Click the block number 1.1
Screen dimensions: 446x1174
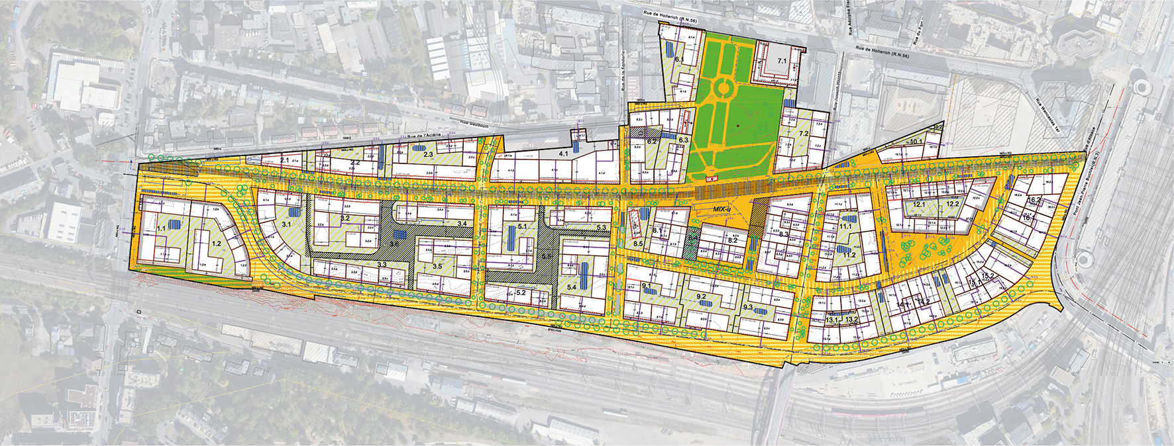[161, 229]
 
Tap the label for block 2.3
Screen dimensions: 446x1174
[427, 155]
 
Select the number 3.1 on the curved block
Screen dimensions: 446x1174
[286, 225]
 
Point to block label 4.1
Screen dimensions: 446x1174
[564, 154]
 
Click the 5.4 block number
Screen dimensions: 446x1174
[572, 288]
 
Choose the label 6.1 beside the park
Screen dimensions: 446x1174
[679, 60]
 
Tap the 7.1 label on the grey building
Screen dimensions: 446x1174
[782, 61]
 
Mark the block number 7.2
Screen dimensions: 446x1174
[804, 134]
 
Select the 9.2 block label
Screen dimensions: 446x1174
[702, 297]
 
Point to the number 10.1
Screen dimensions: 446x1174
[916, 142]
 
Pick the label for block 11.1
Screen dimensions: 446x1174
[845, 226]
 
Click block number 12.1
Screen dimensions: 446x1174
[919, 205]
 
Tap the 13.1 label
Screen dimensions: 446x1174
[833, 320]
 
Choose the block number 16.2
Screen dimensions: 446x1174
[1034, 200]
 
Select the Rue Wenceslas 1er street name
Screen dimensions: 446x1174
[1047, 113]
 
